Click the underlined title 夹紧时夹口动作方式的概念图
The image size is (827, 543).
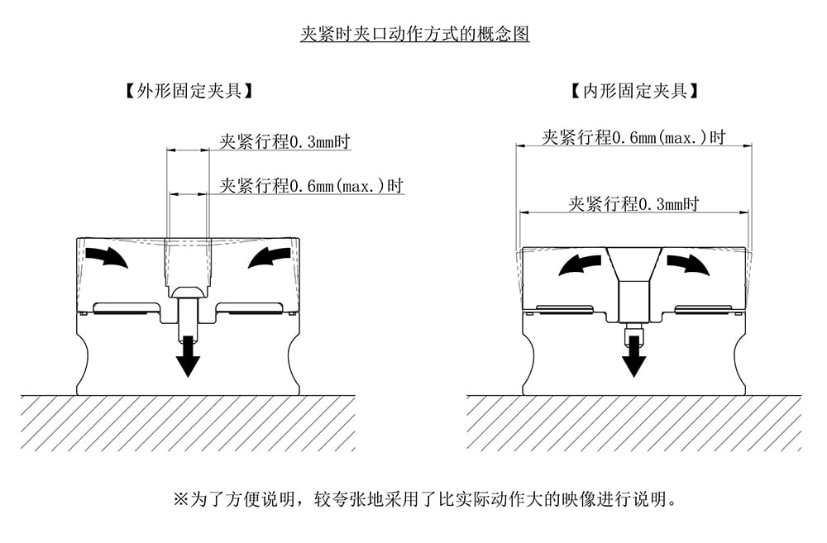413,35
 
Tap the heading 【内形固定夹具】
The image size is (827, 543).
634,90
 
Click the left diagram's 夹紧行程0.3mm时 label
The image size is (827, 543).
284,141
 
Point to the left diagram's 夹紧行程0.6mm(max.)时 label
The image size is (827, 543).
311,185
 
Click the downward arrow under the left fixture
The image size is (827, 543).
189,355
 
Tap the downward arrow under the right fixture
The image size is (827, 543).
634,356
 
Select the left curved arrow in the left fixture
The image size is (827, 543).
108,258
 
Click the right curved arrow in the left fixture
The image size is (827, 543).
270,258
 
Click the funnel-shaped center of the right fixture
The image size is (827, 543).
634,264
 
